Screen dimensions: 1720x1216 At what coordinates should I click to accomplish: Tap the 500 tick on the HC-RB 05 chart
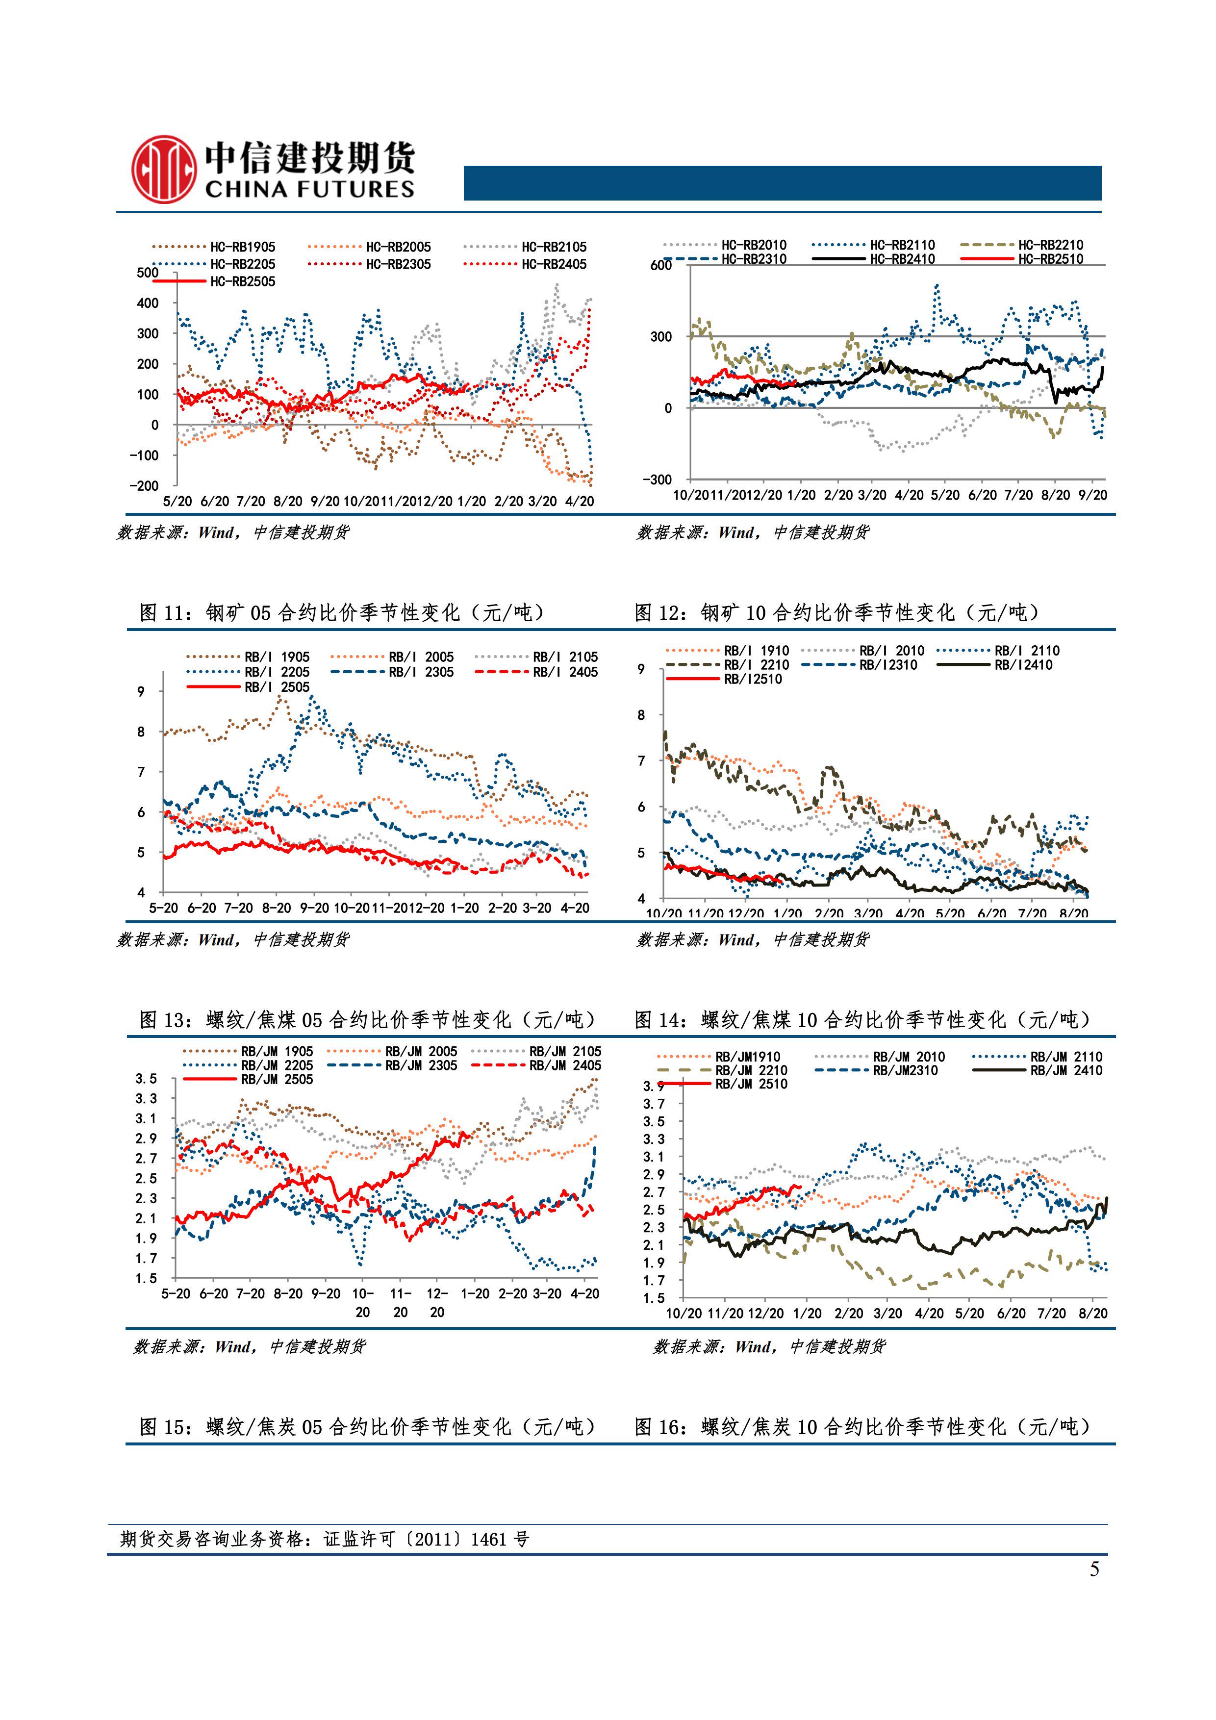(148, 273)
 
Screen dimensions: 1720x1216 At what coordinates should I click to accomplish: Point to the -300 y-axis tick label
(657, 480)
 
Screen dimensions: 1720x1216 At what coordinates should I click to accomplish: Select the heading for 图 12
(836, 613)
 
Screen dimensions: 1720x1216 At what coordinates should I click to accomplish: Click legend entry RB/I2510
(752, 680)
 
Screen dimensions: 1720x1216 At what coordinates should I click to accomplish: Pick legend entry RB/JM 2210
(751, 1070)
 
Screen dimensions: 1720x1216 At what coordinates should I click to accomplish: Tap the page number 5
(1094, 1568)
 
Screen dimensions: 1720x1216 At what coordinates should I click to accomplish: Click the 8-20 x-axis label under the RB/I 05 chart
(277, 908)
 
